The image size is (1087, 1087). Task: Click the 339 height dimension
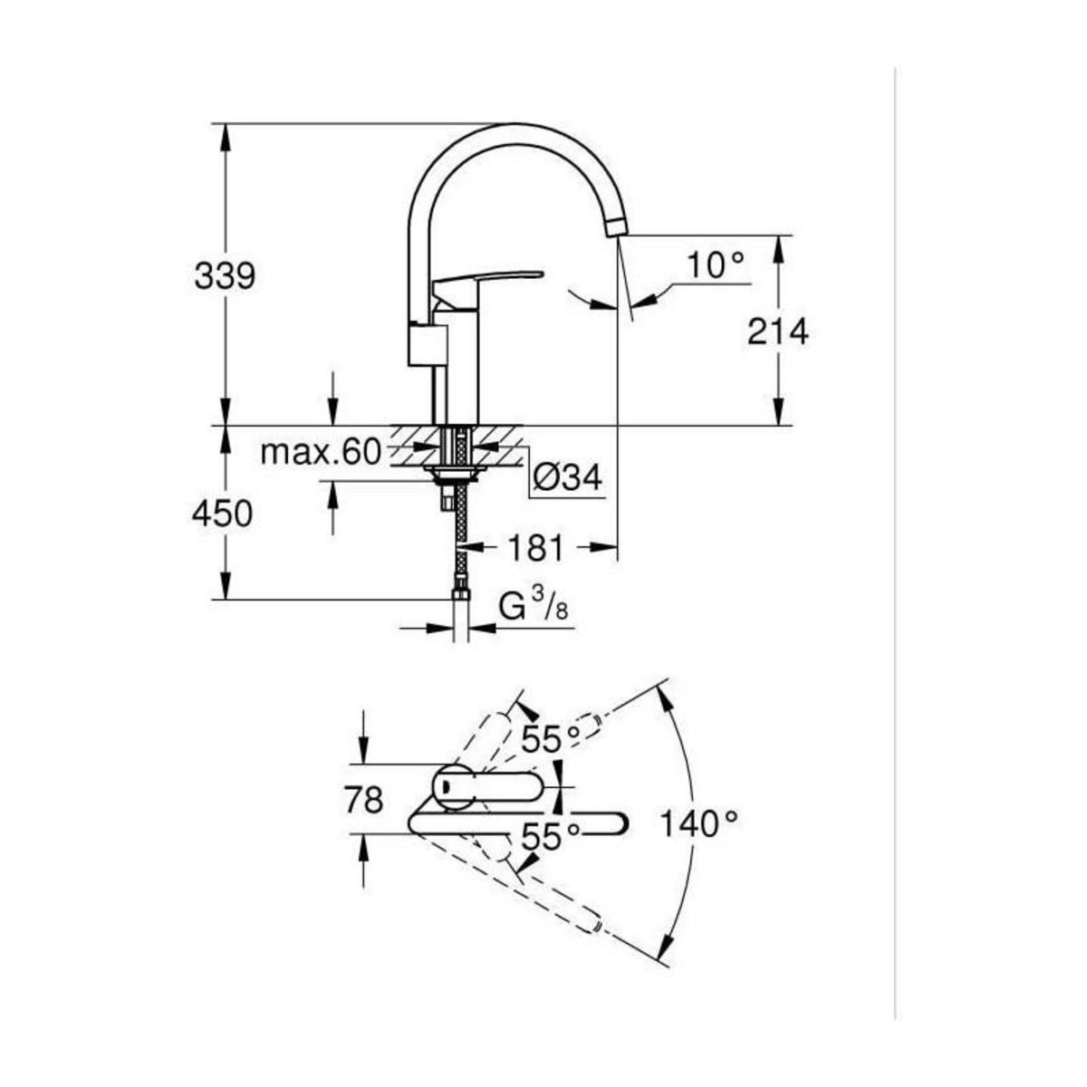pyautogui.click(x=225, y=276)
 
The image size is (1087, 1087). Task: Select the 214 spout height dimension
pyautogui.click(x=777, y=332)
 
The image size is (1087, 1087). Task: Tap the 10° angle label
pyautogui.click(x=714, y=265)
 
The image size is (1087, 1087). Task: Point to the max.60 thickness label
pyautogui.click(x=321, y=452)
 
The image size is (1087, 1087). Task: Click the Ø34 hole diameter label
pyautogui.click(x=567, y=477)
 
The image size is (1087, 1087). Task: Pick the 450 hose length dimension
pyautogui.click(x=222, y=514)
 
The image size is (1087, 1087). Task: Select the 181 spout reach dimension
pyautogui.click(x=534, y=547)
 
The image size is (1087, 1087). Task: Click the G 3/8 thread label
pyautogui.click(x=534, y=609)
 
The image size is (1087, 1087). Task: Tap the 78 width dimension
pyautogui.click(x=363, y=799)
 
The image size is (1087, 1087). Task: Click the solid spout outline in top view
pyautogui.click(x=516, y=822)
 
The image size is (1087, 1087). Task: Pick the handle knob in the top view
pyautogui.click(x=453, y=784)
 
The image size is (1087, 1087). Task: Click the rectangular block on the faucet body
pyautogui.click(x=427, y=345)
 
